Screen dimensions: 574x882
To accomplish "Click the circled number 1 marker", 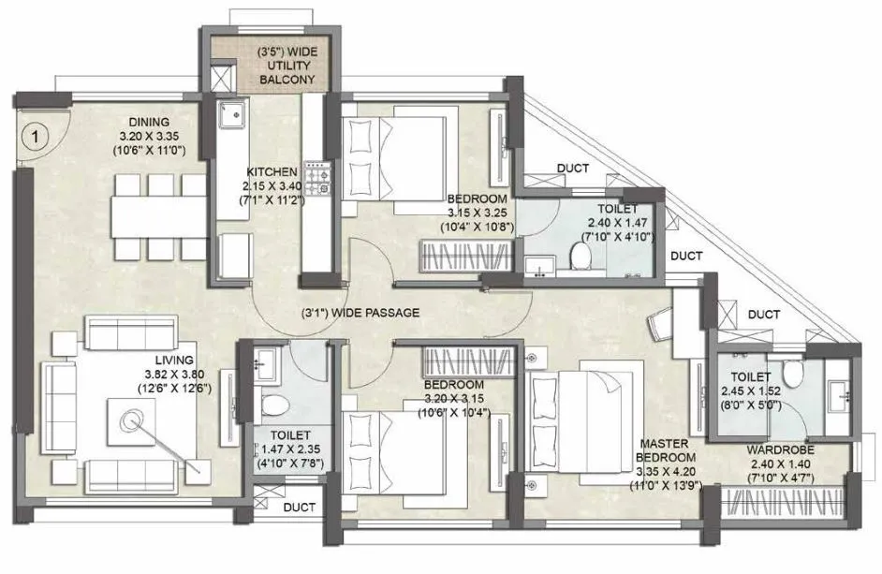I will (35, 138).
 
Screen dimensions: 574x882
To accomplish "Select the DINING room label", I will (149, 122).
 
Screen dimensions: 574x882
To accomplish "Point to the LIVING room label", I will (175, 360).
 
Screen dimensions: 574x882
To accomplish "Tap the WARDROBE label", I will (780, 450).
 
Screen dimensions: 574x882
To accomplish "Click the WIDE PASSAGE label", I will (360, 313).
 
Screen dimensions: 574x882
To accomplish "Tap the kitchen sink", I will (231, 116).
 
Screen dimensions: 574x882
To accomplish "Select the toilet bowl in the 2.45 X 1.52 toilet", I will (796, 374).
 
